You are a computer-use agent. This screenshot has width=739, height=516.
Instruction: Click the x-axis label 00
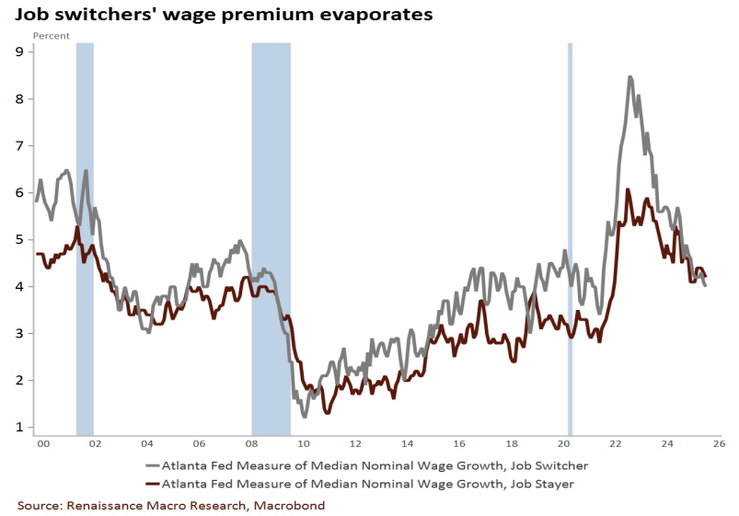pos(41,443)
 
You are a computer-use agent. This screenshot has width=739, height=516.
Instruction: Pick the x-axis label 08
pos(252,443)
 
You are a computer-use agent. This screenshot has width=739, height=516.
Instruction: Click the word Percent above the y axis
pos(52,35)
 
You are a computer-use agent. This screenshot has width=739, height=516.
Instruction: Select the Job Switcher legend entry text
pos(375,464)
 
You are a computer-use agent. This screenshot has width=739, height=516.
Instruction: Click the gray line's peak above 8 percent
pos(629,77)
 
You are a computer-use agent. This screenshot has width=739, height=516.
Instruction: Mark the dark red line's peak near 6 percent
pos(627,190)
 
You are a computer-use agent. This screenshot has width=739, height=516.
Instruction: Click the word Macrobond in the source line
pos(290,505)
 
